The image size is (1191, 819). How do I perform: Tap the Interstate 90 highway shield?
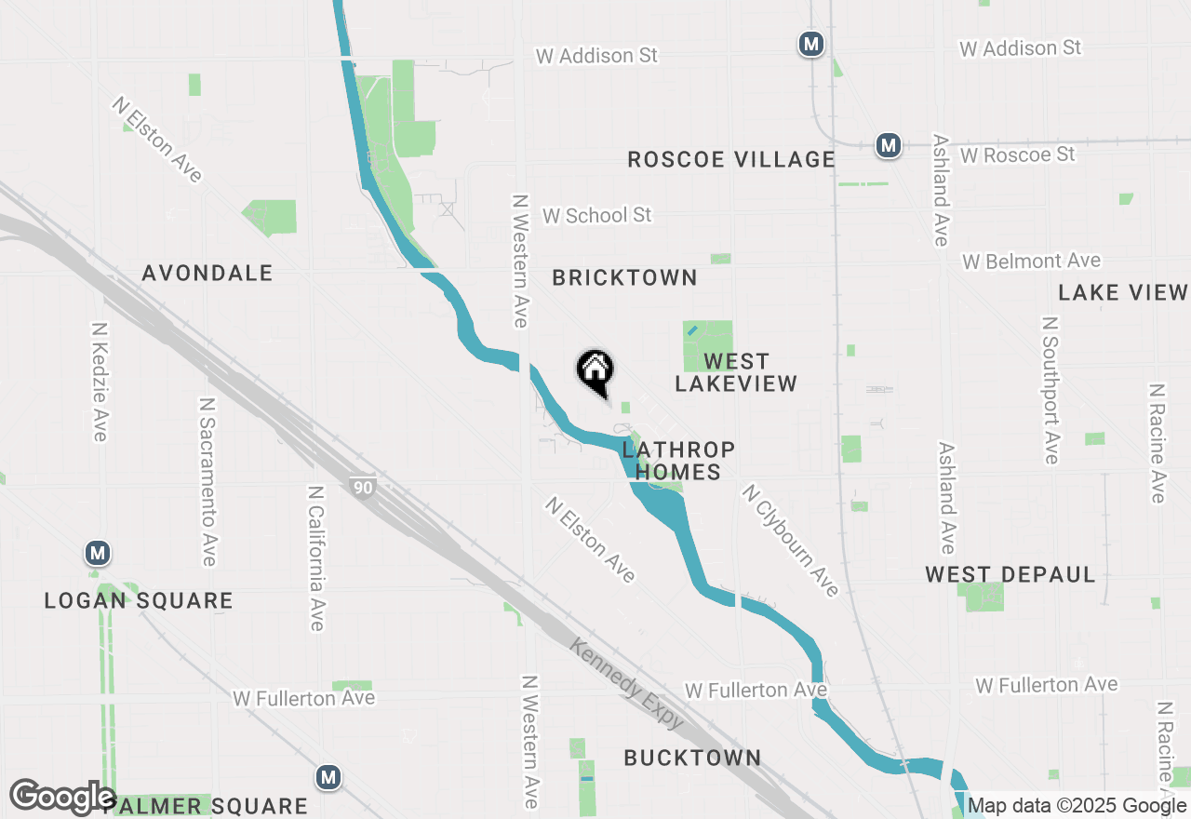tap(363, 487)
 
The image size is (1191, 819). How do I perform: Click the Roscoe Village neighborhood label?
tap(731, 159)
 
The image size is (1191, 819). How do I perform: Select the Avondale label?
tap(207, 273)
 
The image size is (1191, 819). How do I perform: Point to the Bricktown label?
tap(624, 277)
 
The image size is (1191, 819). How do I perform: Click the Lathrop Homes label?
tap(678, 461)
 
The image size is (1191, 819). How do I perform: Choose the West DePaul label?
tap(1010, 574)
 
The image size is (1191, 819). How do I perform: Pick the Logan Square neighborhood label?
tap(139, 600)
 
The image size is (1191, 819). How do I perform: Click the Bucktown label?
tap(692, 758)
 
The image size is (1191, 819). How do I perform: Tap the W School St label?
tap(596, 215)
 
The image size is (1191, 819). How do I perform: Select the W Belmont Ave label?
tap(1032, 262)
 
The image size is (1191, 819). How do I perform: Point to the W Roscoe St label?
tap(1018, 154)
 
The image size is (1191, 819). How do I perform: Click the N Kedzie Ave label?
tap(100, 382)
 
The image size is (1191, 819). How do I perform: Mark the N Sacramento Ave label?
tap(207, 482)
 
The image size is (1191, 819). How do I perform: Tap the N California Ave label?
tap(315, 557)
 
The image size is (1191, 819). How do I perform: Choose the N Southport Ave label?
tap(1050, 389)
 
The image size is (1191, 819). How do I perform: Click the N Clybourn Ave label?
tap(790, 541)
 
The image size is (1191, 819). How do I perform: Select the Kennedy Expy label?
tap(628, 684)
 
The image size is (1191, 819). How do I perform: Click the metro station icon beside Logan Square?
tap(97, 553)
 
